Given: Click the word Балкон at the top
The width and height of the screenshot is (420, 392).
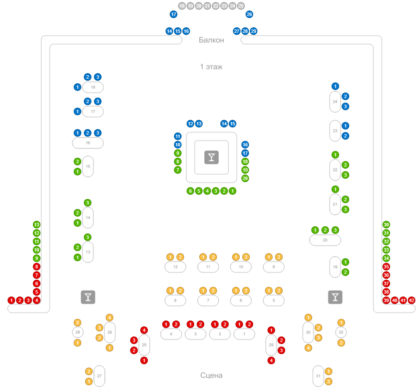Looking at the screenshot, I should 211,40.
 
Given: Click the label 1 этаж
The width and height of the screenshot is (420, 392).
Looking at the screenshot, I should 211,66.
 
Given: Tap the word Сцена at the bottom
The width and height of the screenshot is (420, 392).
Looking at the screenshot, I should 211,375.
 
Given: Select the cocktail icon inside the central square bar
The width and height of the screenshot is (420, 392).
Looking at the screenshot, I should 211,157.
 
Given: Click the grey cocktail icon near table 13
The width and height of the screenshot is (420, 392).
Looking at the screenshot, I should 88,297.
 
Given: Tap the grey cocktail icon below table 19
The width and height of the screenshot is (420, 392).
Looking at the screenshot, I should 335,297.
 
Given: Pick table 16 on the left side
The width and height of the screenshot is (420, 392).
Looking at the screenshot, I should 88,143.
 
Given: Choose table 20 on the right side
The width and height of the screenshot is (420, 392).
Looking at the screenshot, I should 325,240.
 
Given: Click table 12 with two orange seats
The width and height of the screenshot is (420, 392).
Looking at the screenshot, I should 175,267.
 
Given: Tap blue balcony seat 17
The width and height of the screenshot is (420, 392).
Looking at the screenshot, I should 174,14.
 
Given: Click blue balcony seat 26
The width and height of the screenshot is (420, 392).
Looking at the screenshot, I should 249,14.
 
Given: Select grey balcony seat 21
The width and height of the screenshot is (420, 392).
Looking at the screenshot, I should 207,6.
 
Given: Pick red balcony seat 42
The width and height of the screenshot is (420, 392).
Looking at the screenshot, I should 412,300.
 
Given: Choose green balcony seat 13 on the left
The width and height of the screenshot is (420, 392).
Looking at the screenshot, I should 37,225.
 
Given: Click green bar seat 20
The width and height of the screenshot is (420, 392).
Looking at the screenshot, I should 245,178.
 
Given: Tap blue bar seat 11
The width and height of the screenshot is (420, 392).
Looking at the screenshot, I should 178,136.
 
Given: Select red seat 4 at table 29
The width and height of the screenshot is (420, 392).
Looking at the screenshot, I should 271,360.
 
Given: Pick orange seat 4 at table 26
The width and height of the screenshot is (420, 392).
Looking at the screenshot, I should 110,318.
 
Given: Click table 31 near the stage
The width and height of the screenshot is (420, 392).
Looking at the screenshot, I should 318,376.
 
